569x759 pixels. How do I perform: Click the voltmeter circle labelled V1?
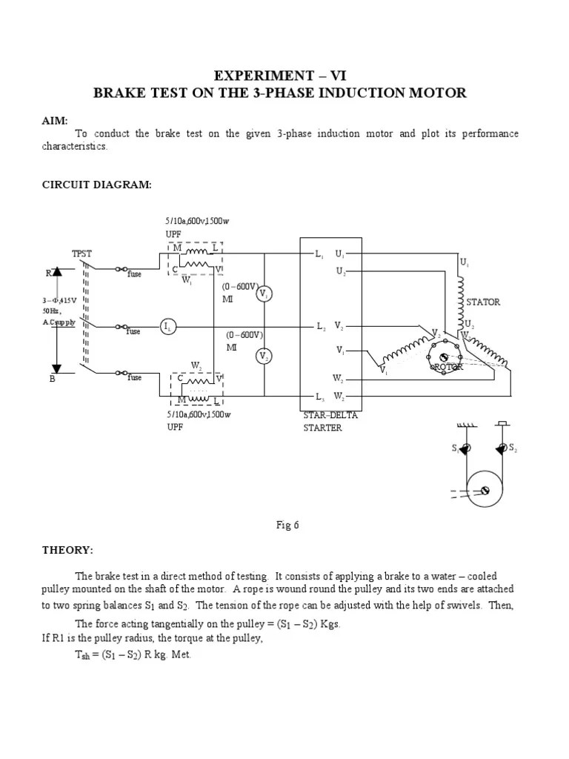(x=264, y=294)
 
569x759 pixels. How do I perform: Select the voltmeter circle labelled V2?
(x=264, y=357)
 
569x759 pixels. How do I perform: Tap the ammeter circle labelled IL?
(x=168, y=326)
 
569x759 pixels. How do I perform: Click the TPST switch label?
(x=81, y=253)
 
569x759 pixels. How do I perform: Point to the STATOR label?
(x=482, y=302)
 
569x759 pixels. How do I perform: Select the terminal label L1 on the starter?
(x=320, y=254)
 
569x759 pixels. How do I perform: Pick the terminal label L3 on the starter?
(x=320, y=397)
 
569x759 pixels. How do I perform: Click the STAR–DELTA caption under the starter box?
(x=330, y=415)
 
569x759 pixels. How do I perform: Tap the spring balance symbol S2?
(x=502, y=448)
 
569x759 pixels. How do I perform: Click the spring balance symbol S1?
(x=463, y=449)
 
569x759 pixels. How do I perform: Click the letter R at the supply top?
(x=49, y=273)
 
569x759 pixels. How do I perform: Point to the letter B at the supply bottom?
(x=53, y=378)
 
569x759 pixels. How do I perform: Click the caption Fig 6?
(x=287, y=526)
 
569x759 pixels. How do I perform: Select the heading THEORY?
(x=67, y=550)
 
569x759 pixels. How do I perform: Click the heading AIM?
(x=54, y=120)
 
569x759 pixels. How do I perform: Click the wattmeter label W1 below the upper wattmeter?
(x=187, y=281)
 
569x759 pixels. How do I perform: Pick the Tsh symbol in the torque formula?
(x=83, y=655)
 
